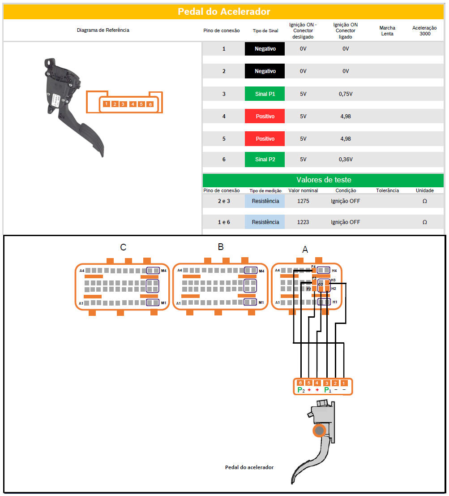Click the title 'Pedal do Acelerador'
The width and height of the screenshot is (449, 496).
224,12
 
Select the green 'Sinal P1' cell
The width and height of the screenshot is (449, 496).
265,94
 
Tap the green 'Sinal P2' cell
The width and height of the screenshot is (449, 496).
265,160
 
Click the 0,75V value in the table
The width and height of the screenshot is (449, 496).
345,94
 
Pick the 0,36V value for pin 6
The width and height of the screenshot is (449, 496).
345,160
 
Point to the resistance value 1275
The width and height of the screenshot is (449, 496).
303,201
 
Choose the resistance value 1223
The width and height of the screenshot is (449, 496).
303,222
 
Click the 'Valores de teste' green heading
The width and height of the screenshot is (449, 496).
324,180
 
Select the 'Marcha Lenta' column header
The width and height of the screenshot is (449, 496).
387,30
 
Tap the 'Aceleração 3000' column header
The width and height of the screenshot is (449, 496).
424,30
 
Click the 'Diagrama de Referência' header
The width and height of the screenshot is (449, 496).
103,30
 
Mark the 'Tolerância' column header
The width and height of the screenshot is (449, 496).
387,190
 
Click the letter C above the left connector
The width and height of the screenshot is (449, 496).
123,247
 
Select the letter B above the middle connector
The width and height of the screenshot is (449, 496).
221,247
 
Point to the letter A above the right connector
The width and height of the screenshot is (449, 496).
305,250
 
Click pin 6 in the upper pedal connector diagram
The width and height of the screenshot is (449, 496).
150,104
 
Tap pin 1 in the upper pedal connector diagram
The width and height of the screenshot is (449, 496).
107,104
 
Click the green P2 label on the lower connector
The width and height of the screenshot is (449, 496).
301,390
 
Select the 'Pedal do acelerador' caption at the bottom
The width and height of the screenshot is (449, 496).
249,467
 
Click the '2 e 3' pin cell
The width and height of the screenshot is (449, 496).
224,201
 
